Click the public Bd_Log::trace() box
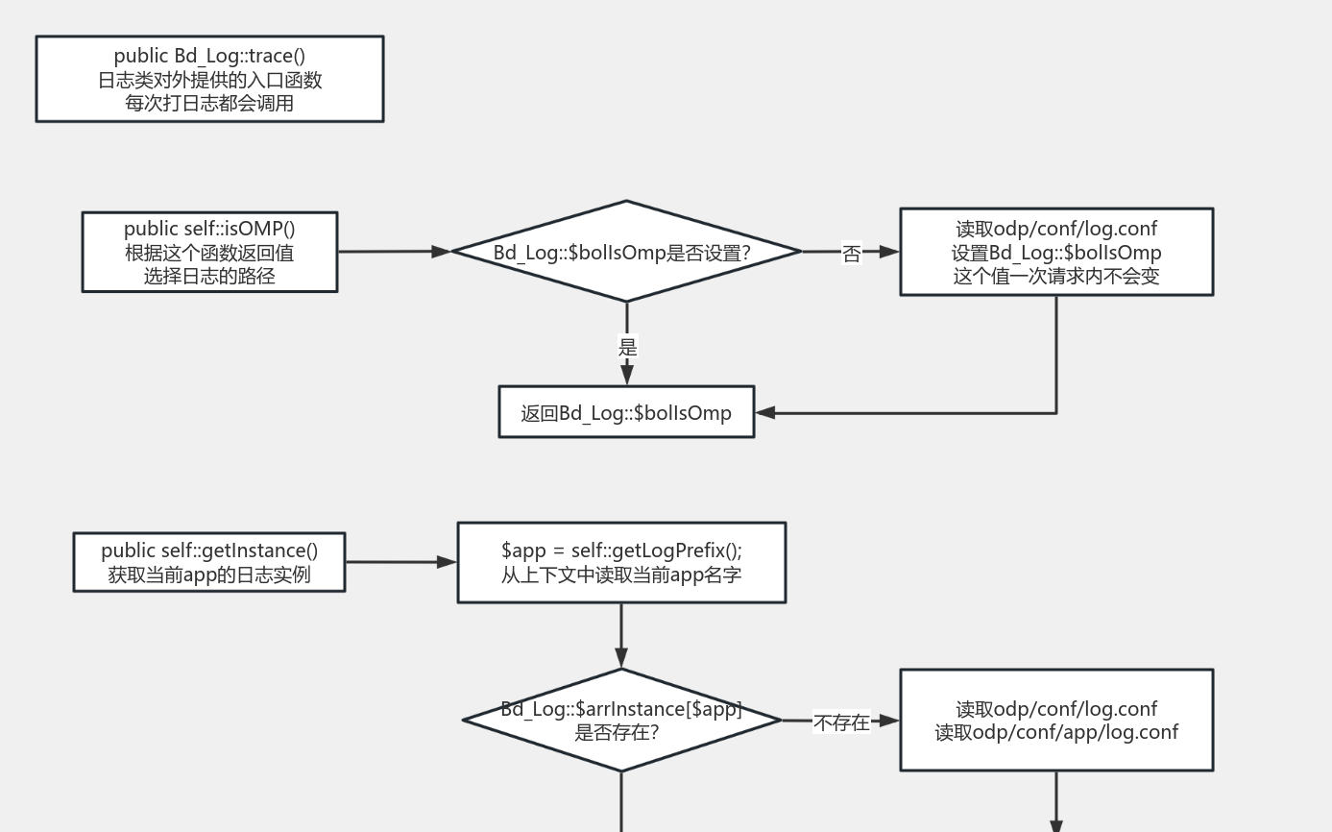pos(209,79)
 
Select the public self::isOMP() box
pos(209,252)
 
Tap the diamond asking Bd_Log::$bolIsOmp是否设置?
pos(626,252)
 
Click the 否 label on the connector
pos(851,253)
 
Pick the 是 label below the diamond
pos(627,347)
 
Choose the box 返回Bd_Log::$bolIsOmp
pos(626,412)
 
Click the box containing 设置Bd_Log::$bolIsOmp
pos(1056,252)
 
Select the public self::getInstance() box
pos(209,562)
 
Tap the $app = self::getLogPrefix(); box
pos(621,562)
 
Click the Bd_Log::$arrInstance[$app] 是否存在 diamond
pos(621,720)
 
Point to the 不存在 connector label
pos(841,722)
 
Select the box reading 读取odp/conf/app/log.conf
pos(1056,721)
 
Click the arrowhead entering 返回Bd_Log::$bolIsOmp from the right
pos(765,413)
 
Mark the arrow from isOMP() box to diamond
pos(394,252)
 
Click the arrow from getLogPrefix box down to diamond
pos(621,635)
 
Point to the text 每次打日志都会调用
pos(209,103)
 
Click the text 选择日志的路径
pos(209,276)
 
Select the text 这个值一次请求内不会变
pos(1056,276)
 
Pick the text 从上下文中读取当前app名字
pos(621,575)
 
